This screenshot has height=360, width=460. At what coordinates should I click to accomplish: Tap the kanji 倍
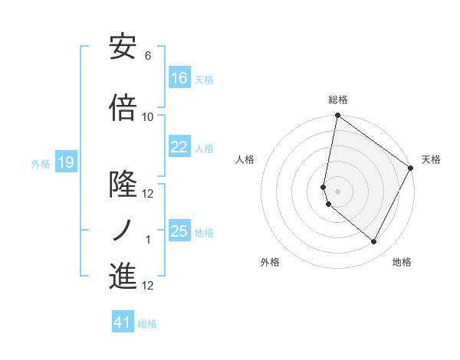tap(123, 108)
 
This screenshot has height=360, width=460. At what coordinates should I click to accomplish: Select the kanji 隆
tap(123, 185)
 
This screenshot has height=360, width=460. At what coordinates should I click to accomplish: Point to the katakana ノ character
tap(123, 229)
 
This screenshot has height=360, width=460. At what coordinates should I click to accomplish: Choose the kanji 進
tap(123, 276)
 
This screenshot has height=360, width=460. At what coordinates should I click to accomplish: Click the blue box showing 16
tap(179, 78)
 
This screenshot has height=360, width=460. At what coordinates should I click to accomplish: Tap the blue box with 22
tap(179, 147)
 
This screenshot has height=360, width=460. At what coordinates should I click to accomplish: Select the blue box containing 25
tap(179, 231)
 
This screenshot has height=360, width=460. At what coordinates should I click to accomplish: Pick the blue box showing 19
tap(66, 162)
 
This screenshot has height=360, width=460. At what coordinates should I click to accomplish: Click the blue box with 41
tap(123, 322)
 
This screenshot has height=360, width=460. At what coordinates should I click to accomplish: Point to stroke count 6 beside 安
tap(148, 56)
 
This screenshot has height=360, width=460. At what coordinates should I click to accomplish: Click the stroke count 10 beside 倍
tap(148, 116)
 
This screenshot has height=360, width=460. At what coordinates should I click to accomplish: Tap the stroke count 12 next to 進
tap(148, 286)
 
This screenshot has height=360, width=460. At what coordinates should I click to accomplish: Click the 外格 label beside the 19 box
tap(41, 163)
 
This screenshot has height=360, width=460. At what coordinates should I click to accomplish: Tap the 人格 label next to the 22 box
tap(204, 148)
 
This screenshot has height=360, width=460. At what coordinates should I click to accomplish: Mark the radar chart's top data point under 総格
tap(337, 116)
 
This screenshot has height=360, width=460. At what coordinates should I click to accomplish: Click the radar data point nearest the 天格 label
tap(411, 169)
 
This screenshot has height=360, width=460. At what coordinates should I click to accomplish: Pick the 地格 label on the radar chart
tap(402, 262)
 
